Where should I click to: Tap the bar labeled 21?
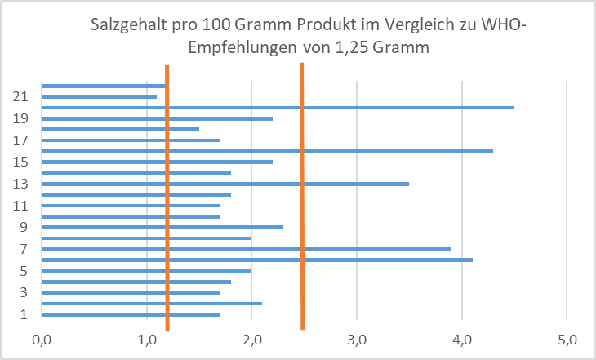point(99,96)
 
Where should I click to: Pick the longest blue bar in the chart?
point(278,108)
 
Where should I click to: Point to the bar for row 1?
point(131,314)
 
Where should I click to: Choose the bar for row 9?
point(162,227)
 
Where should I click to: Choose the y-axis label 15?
point(22,162)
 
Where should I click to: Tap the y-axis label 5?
point(25,271)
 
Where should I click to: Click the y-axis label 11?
point(22,206)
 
